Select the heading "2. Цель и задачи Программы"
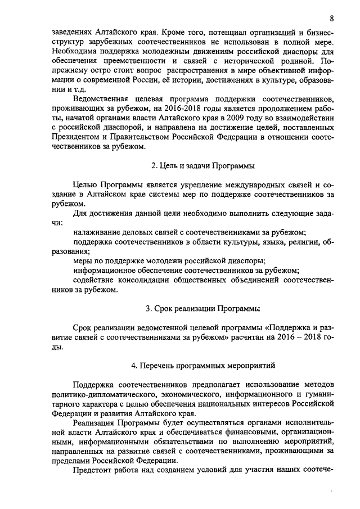click(203, 166)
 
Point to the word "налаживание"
click(97, 232)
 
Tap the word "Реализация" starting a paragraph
click(94, 422)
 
